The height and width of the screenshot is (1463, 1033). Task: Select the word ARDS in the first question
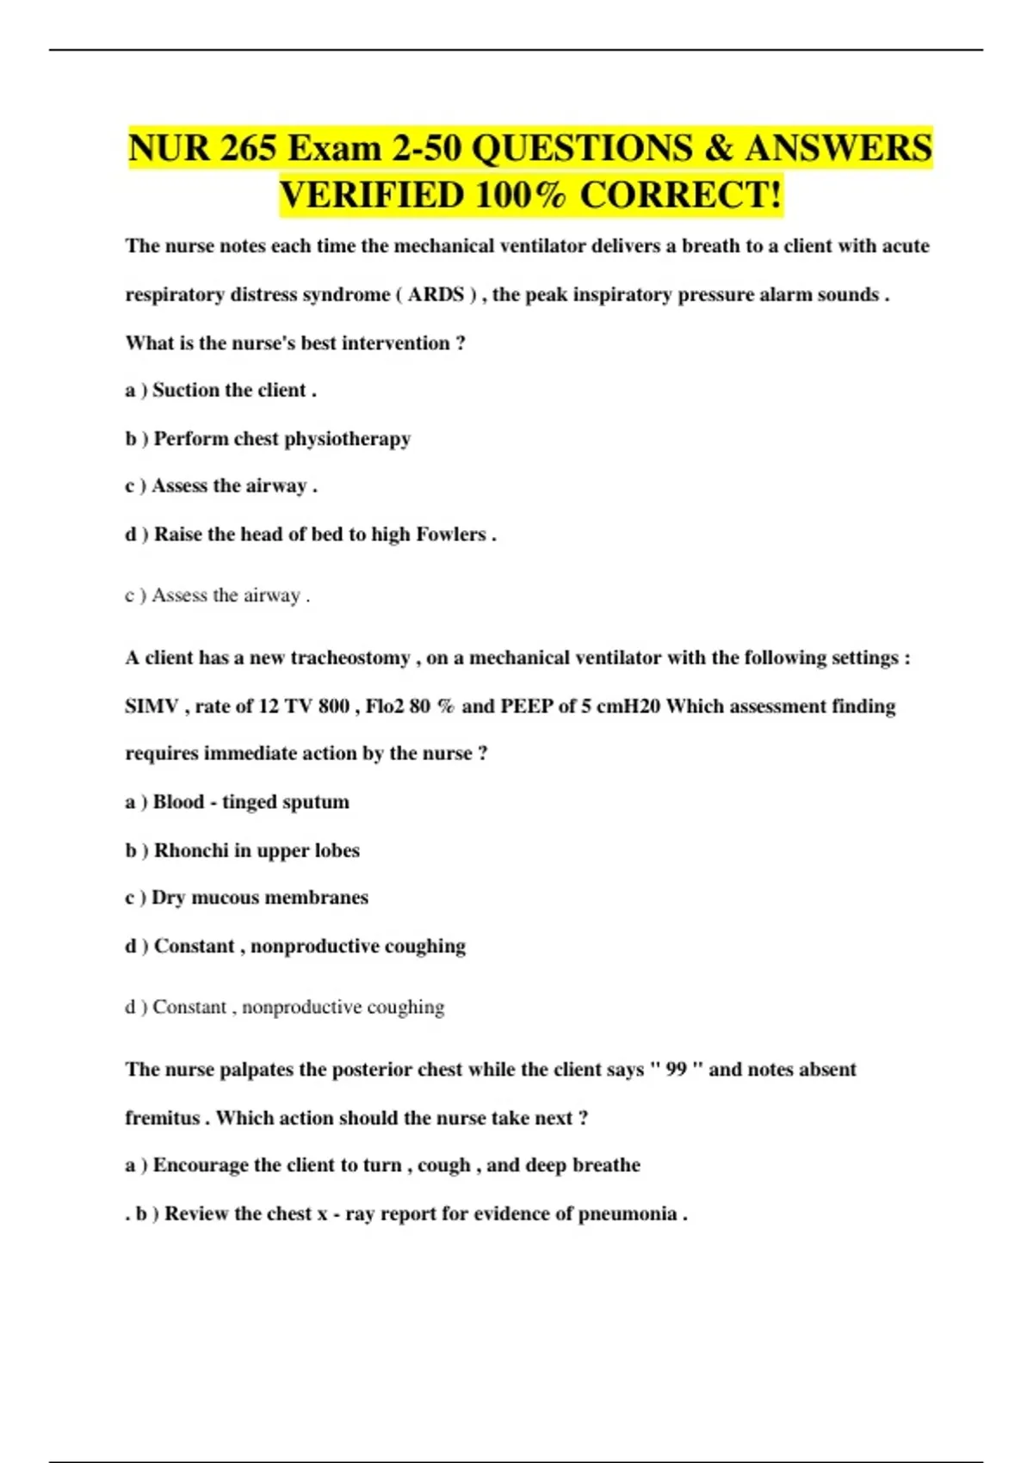436,294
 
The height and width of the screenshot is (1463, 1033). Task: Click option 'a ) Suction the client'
221,390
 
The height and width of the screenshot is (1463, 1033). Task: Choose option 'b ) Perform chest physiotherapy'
268,438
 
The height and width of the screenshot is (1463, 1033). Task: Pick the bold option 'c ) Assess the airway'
221,486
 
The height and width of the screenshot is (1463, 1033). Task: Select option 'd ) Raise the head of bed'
311,534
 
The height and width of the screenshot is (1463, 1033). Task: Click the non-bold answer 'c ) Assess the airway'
217,596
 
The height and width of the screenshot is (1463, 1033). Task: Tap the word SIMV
152,706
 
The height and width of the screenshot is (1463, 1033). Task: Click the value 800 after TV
333,706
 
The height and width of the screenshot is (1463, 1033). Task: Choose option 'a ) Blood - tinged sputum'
238,802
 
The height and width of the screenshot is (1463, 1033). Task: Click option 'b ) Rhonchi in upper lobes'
242,850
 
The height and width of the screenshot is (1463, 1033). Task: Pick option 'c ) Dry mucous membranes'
246,898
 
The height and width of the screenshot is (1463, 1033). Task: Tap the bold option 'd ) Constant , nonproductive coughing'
295,946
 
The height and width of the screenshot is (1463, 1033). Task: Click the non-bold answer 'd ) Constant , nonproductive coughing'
285,1007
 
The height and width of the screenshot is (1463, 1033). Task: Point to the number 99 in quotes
676,1069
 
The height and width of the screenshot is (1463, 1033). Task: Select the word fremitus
162,1118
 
